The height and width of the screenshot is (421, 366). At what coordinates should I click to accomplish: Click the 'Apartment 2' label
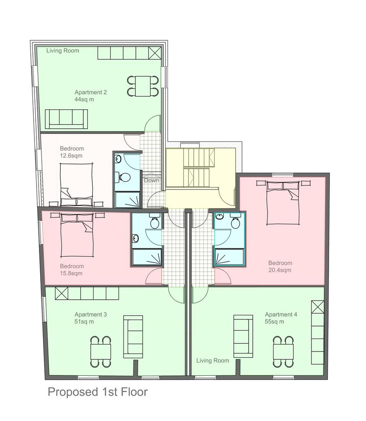91,93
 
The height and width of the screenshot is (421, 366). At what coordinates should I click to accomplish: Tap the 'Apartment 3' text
91,315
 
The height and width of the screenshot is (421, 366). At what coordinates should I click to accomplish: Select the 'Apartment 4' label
281,315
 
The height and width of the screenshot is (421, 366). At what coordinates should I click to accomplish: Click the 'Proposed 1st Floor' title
98,392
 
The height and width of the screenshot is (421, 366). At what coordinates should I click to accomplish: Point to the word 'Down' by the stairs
151,180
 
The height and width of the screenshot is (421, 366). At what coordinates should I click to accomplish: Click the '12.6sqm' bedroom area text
71,156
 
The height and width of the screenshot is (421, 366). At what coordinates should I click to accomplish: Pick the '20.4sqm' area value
280,270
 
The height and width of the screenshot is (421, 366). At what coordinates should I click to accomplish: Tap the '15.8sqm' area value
71,273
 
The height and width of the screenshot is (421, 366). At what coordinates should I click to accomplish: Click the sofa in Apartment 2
66,119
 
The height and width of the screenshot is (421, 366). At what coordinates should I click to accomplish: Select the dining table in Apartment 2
143,86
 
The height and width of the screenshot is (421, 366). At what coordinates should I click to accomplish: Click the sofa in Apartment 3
133,337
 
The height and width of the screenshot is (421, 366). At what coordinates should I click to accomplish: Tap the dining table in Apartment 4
283,352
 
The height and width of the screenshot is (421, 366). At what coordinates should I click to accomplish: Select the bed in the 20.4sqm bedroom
283,202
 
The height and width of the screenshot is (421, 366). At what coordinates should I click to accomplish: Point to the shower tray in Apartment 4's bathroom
230,257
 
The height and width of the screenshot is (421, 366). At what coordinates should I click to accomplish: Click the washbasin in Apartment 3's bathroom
135,238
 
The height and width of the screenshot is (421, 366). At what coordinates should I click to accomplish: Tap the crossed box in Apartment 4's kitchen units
318,307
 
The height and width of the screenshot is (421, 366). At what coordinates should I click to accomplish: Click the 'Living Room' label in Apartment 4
213,361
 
